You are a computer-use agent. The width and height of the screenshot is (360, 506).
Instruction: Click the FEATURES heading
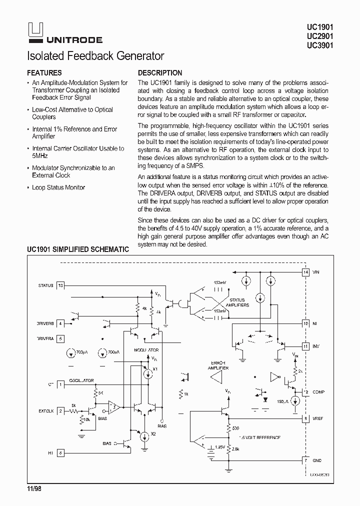pos(44,73)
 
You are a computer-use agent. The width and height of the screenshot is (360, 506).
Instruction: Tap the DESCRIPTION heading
pos(159,73)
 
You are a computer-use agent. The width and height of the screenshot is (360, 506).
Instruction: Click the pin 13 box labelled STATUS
pos(60,285)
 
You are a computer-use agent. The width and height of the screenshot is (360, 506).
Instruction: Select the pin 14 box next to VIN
pos(305,272)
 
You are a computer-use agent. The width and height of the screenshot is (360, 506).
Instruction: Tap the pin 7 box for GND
pos(305,460)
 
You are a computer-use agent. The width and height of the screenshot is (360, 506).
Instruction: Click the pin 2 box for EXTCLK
pos(60,411)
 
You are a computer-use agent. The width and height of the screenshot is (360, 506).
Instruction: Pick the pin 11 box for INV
pos(305,346)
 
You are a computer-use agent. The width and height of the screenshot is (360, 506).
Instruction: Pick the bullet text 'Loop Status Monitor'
pos(58,187)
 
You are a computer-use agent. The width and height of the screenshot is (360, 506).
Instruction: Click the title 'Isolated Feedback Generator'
pos(95,56)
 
